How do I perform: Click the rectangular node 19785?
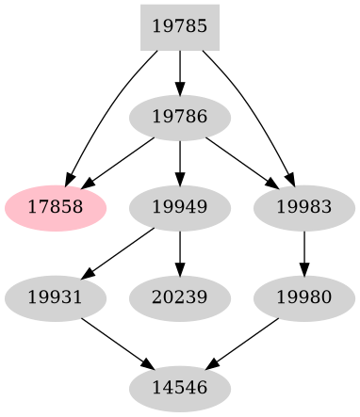180,26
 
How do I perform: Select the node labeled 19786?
180,118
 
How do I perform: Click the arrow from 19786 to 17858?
117,162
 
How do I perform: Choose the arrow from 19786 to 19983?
242,162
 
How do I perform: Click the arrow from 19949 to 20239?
180,251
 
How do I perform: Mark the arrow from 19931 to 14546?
116,343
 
